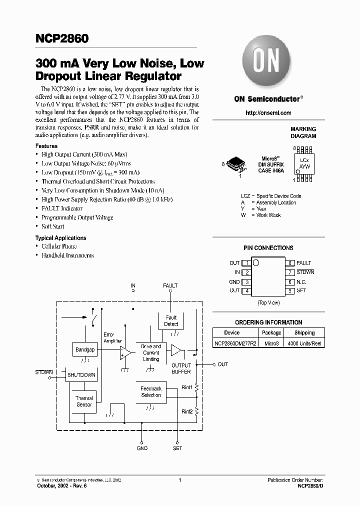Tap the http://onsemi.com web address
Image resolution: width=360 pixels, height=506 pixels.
268,113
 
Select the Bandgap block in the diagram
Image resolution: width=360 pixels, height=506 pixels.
84,349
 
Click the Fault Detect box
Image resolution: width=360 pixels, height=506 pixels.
171,320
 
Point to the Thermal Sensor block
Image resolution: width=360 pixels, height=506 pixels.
84,401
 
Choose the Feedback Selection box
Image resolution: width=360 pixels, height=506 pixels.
151,391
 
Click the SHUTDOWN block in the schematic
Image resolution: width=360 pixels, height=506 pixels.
81,374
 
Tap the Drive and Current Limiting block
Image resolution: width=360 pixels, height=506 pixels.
151,352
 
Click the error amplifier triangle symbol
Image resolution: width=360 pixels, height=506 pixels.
125,353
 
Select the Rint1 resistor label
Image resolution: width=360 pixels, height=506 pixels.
187,387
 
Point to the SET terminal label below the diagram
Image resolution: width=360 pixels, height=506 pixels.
177,448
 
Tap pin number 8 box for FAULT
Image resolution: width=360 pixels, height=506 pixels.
289,263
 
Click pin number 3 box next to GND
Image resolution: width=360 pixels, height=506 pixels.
246,282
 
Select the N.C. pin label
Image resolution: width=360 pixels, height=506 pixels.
301,282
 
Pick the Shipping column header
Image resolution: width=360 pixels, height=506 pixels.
304,332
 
